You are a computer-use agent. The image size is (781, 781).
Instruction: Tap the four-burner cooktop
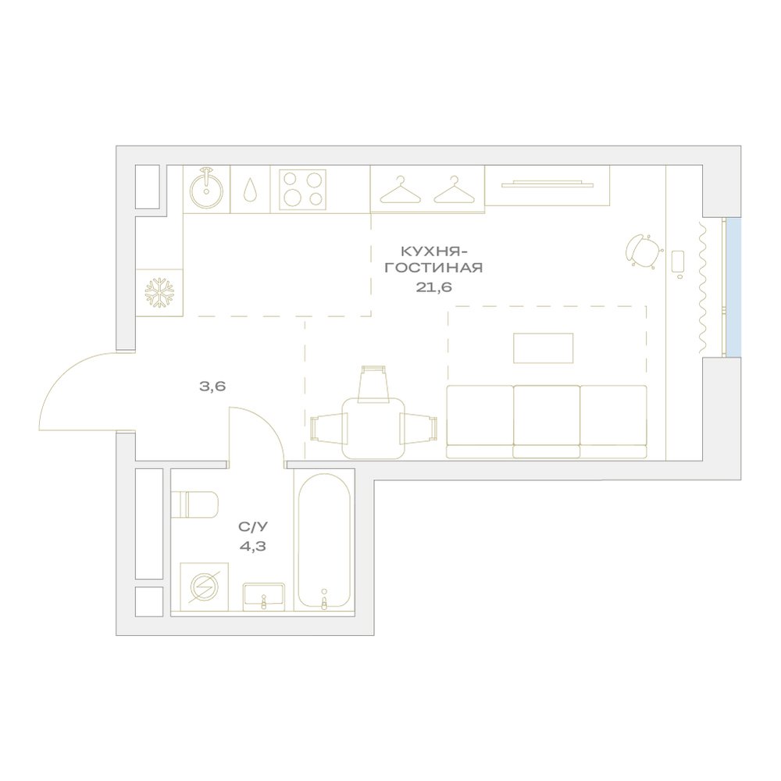click(x=302, y=189)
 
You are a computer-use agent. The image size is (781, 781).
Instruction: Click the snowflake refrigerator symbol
click(x=159, y=292)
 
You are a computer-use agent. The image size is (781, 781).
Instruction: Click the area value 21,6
click(x=433, y=287)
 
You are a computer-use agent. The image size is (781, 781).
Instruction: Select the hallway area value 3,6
click(x=212, y=386)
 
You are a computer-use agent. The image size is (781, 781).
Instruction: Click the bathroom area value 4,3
click(x=252, y=547)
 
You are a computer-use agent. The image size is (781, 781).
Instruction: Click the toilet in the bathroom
click(x=194, y=505)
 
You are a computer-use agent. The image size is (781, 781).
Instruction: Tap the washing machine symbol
click(x=204, y=587)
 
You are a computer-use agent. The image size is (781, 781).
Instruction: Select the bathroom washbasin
click(x=264, y=597)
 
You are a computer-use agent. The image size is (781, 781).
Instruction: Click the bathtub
click(x=324, y=540)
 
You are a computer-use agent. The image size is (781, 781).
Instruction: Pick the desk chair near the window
click(x=644, y=251)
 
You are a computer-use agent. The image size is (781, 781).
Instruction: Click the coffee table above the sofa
click(x=544, y=348)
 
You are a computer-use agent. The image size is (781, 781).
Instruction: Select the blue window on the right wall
click(x=733, y=287)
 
